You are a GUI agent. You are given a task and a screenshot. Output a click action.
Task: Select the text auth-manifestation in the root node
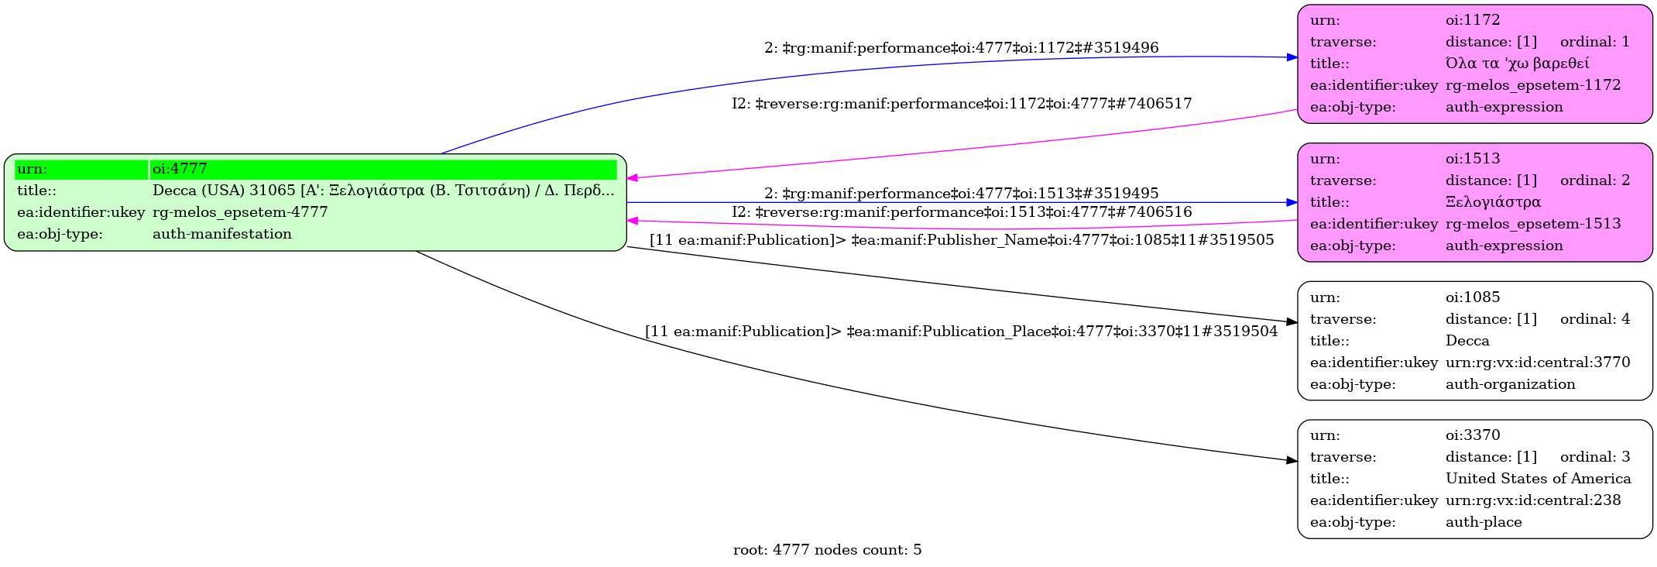(222, 234)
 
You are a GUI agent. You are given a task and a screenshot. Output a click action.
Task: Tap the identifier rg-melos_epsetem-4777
(240, 212)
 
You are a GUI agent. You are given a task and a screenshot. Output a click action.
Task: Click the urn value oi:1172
(1472, 20)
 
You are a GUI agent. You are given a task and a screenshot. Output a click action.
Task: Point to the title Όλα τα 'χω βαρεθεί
(1517, 64)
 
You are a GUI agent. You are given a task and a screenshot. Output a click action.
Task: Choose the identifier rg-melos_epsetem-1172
(1532, 85)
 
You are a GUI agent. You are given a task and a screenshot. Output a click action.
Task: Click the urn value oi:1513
(1472, 159)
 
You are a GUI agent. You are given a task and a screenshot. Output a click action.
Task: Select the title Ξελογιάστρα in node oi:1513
(1493, 202)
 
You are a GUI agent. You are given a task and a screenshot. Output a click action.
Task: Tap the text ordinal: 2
(1594, 180)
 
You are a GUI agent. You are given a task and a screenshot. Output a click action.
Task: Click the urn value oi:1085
(1472, 297)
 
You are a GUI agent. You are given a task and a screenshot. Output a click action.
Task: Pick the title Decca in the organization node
(1467, 341)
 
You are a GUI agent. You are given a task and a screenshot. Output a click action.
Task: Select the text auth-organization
(1510, 384)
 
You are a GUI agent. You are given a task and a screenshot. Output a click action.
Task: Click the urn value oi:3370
(1472, 435)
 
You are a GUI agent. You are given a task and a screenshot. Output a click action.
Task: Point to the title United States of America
(1538, 479)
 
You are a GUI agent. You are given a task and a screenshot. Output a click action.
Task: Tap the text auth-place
(1484, 522)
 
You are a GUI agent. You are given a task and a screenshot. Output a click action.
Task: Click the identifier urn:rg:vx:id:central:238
(1532, 500)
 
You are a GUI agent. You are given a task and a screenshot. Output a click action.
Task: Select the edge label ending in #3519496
(961, 48)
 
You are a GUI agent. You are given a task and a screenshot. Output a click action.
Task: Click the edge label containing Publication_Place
(961, 332)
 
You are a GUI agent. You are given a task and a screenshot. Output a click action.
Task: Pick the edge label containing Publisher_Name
(961, 240)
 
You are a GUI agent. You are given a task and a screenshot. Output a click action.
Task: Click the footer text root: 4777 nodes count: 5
(827, 550)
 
